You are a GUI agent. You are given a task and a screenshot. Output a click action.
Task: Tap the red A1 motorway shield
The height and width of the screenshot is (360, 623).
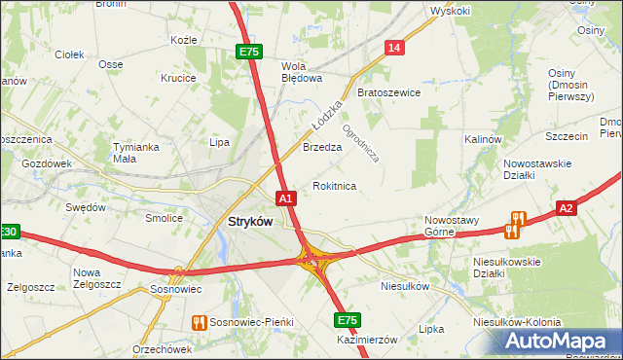tap(285, 198)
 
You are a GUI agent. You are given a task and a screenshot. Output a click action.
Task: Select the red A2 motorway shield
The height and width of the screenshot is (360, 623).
tap(568, 207)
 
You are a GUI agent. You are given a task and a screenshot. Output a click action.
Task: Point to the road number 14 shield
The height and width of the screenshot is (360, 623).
tap(393, 48)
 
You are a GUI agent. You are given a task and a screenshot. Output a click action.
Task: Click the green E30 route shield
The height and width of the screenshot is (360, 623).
tap(8, 232)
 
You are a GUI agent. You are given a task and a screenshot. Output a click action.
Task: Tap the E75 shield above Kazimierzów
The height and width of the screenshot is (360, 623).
tap(347, 319)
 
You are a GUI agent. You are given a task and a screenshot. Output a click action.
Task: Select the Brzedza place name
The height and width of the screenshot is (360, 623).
tap(321, 148)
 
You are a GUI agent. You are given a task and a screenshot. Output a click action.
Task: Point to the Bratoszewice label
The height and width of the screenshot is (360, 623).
tap(388, 93)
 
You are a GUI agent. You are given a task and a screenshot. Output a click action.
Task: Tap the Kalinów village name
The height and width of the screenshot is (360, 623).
tap(482, 139)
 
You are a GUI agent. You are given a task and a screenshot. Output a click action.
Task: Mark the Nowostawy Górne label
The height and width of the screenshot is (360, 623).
tap(453, 226)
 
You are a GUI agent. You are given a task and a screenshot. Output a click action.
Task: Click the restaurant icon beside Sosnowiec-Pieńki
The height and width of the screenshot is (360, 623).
tap(200, 322)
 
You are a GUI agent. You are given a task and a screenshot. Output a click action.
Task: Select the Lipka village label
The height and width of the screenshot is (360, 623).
tap(430, 329)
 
